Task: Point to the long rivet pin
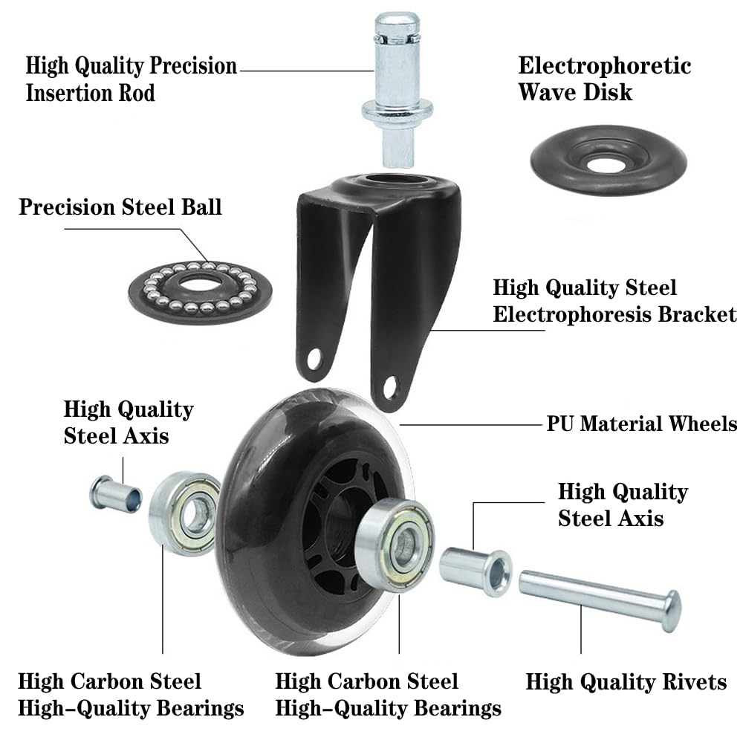[594, 594]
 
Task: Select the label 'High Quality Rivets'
[626, 682]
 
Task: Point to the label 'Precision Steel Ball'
[120, 207]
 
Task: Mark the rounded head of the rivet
[671, 611]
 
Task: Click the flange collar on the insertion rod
[398, 111]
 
